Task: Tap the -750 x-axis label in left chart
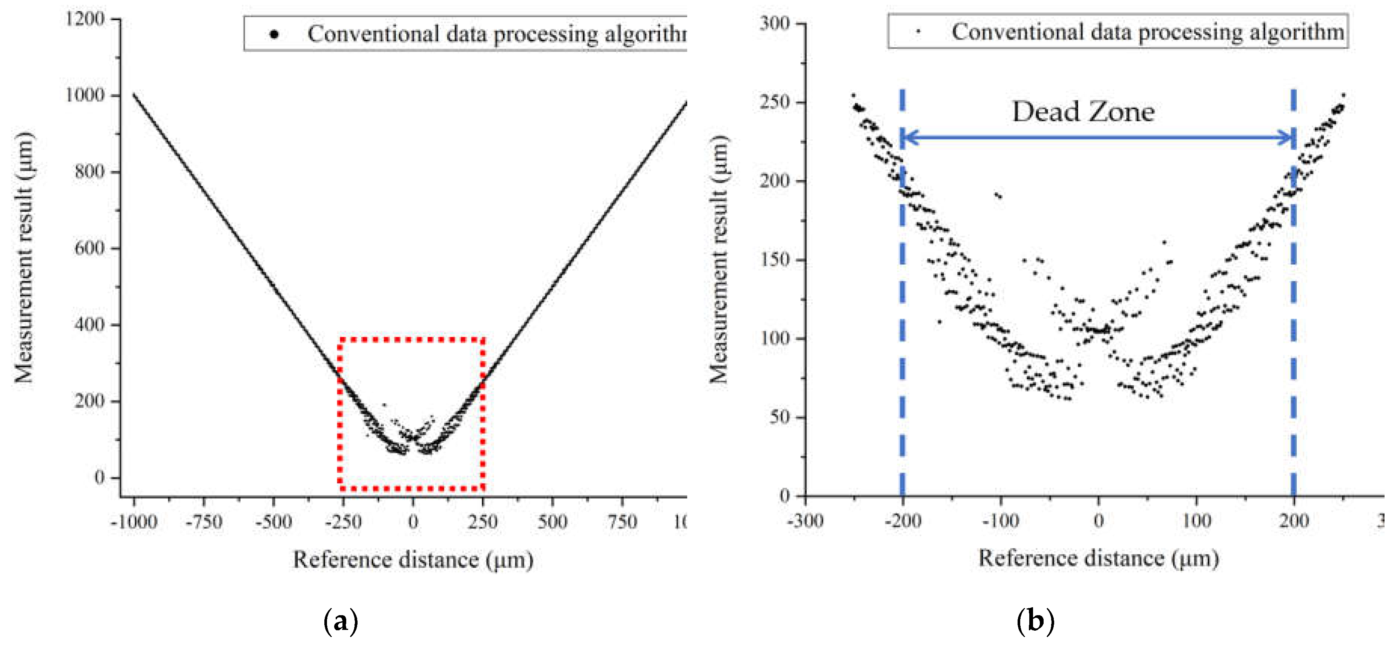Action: click(204, 522)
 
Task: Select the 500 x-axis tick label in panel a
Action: click(552, 522)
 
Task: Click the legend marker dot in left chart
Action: click(275, 35)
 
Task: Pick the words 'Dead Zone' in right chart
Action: click(1083, 112)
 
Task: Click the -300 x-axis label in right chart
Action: click(805, 521)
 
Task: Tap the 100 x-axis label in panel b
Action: click(1196, 521)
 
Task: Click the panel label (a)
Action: click(341, 621)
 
